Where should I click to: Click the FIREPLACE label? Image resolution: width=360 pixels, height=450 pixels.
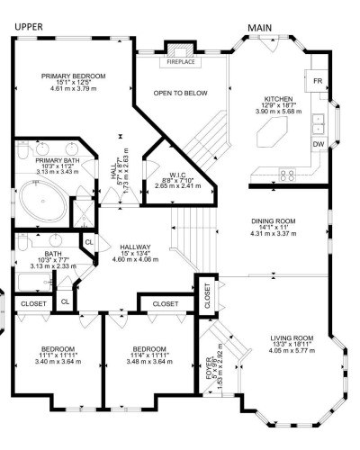coord(181,62)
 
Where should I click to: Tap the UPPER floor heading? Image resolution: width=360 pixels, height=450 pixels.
coord(29,27)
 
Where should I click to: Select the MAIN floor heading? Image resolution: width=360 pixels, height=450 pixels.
coord(259,28)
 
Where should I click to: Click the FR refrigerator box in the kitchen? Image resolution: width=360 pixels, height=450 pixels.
coord(318,81)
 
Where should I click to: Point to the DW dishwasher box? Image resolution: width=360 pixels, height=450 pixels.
coord(319,144)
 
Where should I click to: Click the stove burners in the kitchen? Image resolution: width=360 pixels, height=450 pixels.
coord(287,175)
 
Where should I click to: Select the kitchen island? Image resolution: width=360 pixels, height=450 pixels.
coord(272,131)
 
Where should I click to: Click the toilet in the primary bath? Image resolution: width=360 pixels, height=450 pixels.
coord(22,150)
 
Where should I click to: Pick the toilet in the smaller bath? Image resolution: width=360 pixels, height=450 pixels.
coord(22,242)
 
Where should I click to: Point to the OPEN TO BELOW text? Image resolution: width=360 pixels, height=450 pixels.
coord(180,93)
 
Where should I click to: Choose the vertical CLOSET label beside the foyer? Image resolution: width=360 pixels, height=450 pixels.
coord(207,296)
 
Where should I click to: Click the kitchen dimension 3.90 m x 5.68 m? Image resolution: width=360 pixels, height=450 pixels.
coord(278,112)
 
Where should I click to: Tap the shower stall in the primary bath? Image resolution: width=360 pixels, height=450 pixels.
coord(84,213)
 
